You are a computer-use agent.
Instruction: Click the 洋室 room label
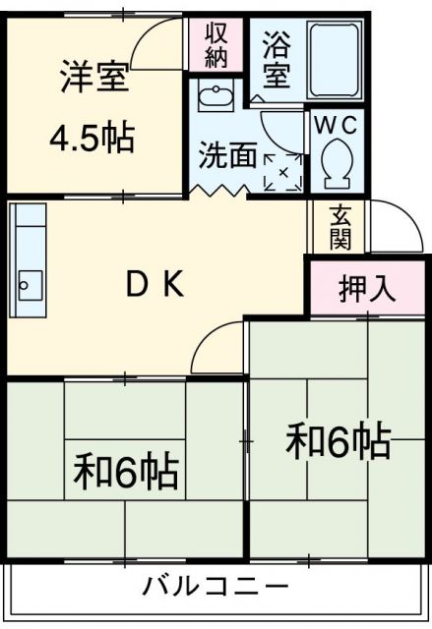pos(94,77)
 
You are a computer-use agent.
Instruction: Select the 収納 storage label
pos(216,44)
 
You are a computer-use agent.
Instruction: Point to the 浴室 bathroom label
pos(275,59)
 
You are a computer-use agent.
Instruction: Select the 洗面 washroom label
pos(229,155)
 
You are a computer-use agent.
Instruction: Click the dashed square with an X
pos(283,172)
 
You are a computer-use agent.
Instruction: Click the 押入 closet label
pos(366,288)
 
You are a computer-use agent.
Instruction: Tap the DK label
pos(153,284)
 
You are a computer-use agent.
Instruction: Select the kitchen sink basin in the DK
pos(28,285)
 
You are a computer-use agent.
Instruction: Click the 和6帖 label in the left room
pos(126,472)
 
